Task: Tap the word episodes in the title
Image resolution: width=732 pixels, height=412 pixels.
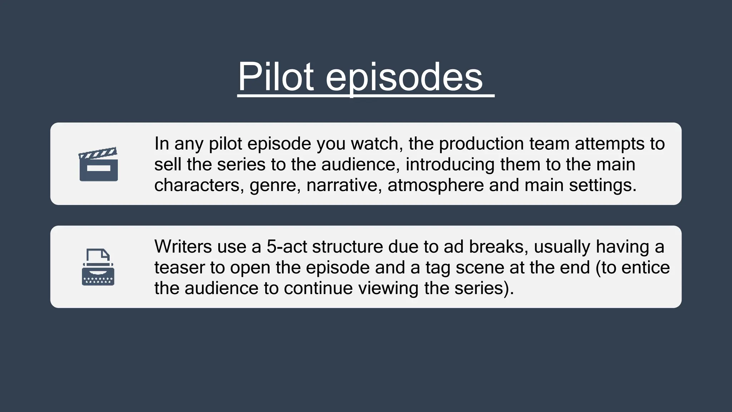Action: [x=404, y=77]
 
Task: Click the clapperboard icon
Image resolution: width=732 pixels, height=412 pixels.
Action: [x=98, y=164]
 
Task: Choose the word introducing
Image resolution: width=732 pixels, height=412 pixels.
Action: [x=450, y=165]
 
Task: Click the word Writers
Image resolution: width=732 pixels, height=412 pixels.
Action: [x=183, y=246]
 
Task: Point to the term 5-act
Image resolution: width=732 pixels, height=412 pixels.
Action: [x=287, y=246]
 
